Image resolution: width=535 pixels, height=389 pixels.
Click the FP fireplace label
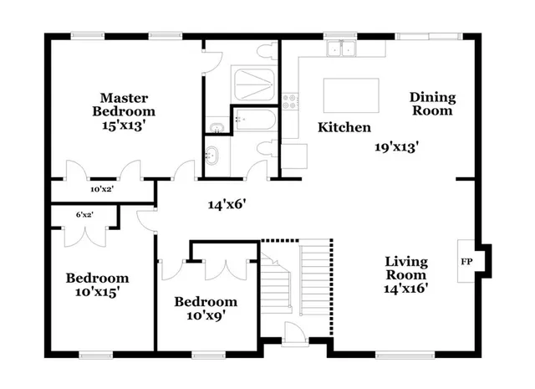point(466,261)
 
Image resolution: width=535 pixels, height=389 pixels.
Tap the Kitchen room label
point(344,128)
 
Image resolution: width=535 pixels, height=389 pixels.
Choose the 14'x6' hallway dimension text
point(226,202)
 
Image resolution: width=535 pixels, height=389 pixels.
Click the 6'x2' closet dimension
point(84,215)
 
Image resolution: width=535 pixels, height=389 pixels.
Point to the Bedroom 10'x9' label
point(205,308)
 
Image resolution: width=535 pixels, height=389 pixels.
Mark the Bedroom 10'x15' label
point(98,284)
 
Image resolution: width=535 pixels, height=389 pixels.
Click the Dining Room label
point(431,104)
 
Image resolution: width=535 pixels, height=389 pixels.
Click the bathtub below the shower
point(254,123)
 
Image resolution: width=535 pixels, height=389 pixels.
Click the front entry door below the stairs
point(294,335)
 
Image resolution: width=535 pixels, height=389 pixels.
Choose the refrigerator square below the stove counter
point(294,156)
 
